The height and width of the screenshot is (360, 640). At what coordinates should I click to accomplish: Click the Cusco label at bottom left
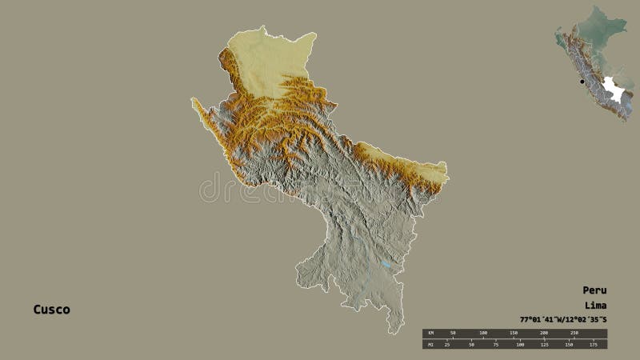(x=51, y=310)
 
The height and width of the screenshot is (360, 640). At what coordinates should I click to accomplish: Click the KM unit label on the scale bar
(x=430, y=333)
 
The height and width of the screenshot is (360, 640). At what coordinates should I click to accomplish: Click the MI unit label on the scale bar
(x=430, y=344)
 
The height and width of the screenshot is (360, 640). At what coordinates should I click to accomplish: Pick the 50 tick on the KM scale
(x=453, y=333)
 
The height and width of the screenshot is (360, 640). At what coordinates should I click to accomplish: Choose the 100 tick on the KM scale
(x=483, y=333)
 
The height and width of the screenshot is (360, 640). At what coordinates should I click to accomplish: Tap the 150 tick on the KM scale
(x=514, y=333)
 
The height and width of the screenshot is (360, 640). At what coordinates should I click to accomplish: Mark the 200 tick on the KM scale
(x=544, y=333)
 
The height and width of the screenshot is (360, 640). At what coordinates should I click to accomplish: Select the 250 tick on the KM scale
(x=574, y=333)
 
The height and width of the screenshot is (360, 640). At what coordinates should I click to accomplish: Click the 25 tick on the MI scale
(x=447, y=345)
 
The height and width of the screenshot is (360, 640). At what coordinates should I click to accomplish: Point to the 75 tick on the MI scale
(x=495, y=345)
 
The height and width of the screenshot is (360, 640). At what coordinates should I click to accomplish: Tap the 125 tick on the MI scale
(x=544, y=345)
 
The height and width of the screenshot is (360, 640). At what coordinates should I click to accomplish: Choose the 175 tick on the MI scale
(x=593, y=345)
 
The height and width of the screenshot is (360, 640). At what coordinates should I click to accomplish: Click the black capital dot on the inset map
(x=582, y=82)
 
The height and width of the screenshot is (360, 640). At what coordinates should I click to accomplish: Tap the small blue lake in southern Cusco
(x=386, y=265)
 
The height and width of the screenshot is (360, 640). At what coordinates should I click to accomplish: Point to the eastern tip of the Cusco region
(x=448, y=178)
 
